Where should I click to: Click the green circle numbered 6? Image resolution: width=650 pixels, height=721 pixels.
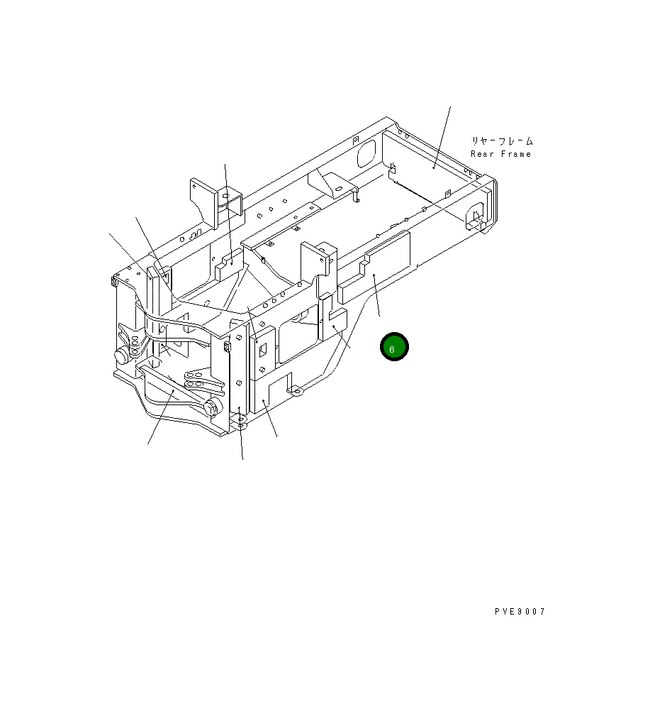point(393,347)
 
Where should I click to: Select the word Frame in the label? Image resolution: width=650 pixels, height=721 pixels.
point(515,154)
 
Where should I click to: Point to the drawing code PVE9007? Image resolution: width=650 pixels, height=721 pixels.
point(520,612)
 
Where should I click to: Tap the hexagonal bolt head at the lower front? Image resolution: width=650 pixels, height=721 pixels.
point(211,407)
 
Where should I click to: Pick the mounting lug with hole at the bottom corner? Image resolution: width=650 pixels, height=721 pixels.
point(242,424)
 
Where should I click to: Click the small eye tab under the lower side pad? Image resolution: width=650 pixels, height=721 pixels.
point(298,391)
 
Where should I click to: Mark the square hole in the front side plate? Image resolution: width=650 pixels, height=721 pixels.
point(262,349)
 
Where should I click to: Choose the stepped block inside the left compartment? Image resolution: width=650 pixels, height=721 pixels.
point(228,266)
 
